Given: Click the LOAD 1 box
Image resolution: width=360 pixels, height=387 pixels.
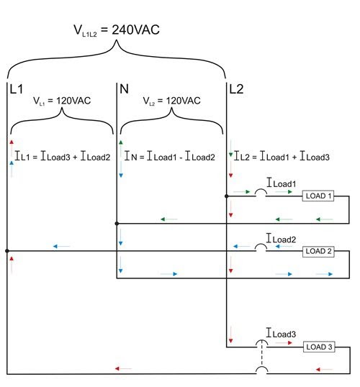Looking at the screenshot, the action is click(318, 196).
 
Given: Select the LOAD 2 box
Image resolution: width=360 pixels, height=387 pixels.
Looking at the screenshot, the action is click(318, 252).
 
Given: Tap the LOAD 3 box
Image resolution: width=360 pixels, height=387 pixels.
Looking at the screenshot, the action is click(319, 347).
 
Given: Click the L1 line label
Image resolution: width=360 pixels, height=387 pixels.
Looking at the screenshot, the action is click(17, 89).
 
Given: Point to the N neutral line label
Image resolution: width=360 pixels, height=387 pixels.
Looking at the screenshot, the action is click(124, 89).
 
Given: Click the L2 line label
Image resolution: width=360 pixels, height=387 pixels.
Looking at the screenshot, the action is click(236, 89).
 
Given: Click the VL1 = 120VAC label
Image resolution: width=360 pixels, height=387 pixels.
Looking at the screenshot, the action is click(62, 101).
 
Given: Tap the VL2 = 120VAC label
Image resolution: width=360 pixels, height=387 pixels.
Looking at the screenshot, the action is click(172, 101).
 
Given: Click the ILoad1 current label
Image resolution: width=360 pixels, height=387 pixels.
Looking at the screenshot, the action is click(282, 183).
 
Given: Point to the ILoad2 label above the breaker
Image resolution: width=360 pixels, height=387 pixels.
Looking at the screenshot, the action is click(282, 239).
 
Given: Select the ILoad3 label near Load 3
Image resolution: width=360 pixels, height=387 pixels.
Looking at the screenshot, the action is click(281, 333).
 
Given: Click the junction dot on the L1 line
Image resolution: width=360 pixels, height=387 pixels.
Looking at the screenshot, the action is click(7, 251).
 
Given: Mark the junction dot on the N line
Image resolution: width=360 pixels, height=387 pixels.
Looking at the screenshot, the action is click(117, 224).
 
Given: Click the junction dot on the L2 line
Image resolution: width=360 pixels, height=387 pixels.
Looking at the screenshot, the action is click(227, 196).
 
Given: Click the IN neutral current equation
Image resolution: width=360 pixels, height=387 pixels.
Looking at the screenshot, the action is click(169, 156).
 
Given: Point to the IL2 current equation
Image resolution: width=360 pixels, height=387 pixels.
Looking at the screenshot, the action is click(282, 156).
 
